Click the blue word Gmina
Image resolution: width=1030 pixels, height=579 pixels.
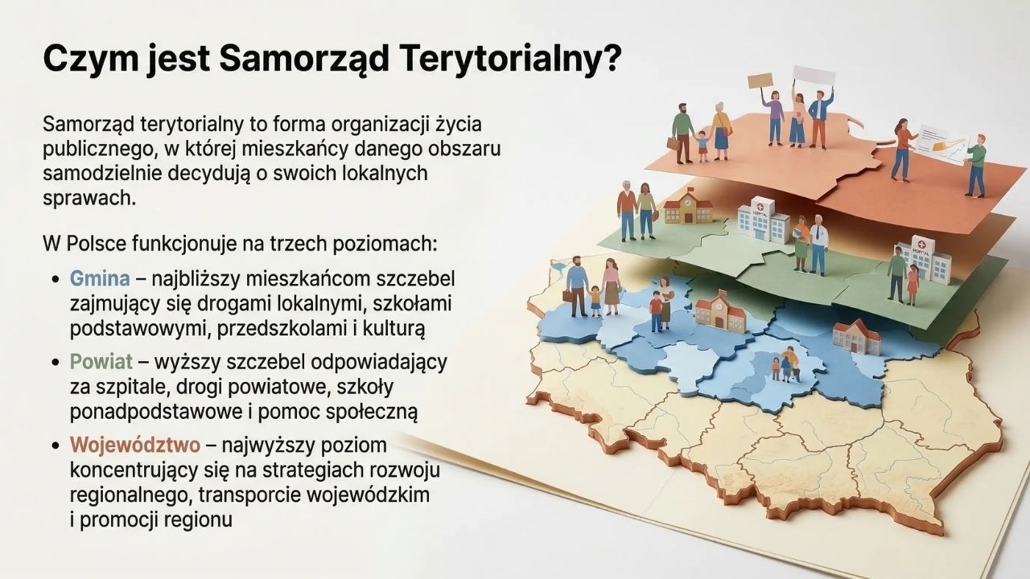pos(99,279)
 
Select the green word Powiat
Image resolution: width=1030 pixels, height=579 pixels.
pos(101,362)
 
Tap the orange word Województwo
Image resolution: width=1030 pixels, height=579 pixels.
pos(135,445)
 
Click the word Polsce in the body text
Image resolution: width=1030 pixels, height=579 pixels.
pos(96,244)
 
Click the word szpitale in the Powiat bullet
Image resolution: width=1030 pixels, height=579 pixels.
pos(129,388)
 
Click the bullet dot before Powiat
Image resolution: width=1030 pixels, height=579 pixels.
pos(56,363)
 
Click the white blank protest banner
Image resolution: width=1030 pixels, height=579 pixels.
pos(814,76)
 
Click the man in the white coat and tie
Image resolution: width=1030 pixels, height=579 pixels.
pos(818,244)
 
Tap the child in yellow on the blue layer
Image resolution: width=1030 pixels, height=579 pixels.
pos(595,301)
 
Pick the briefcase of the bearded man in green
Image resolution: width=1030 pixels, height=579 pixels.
pos(674,144)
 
